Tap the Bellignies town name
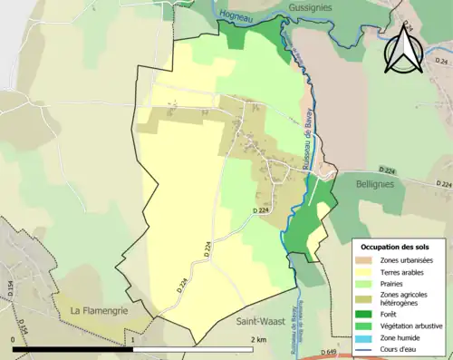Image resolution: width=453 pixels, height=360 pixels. [370, 182]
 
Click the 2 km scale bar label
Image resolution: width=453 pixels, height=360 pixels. [257, 340]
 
